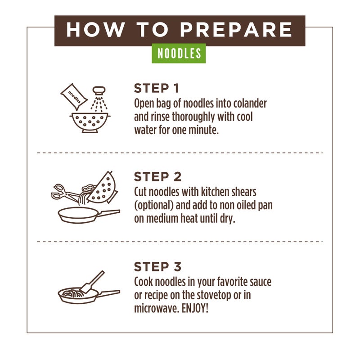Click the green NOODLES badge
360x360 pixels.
pyautogui.click(x=179, y=53)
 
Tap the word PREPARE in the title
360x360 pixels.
pyautogui.click(x=236, y=30)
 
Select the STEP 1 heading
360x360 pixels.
pyautogui.click(x=156, y=88)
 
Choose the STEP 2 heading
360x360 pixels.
pyautogui.click(x=158, y=176)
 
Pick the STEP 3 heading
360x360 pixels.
pyautogui.click(x=158, y=266)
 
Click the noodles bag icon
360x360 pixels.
pyautogui.click(x=74, y=97)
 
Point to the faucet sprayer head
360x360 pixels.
pyautogui.click(x=99, y=90)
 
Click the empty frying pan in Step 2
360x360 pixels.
pyautogui.click(x=88, y=215)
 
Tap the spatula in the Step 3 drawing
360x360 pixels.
pyautogui.click(x=92, y=282)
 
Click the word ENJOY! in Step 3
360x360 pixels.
pyautogui.click(x=195, y=308)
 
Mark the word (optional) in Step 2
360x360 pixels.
pyautogui.click(x=153, y=206)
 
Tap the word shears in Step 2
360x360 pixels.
pyautogui.click(x=244, y=192)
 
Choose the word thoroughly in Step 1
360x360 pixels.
pyautogui.click(x=193, y=117)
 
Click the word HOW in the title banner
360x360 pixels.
pyautogui.click(x=96, y=30)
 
